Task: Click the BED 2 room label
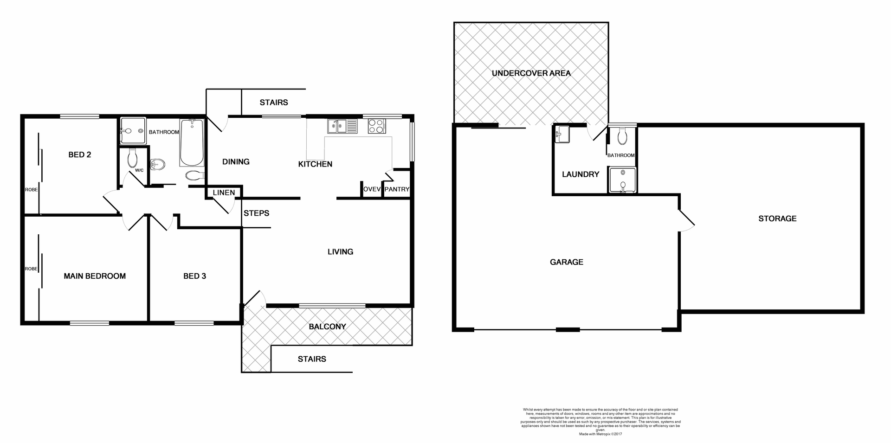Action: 79,154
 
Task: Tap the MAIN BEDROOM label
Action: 95,276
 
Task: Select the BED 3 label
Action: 194,276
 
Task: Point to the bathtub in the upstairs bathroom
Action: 192,143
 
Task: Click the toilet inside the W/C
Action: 132,158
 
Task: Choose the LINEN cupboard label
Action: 224,193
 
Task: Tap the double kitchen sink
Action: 342,126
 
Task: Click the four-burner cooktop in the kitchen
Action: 376,126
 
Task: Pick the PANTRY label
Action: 397,189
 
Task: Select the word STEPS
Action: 256,213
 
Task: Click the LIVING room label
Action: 340,251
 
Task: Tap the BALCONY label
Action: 327,327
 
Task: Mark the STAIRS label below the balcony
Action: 312,359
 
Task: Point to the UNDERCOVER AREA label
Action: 531,73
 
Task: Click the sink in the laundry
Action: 562,135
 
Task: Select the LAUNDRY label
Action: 581,174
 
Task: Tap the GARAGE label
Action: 566,262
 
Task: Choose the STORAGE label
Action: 777,218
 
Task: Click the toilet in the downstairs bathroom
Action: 623,136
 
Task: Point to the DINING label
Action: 236,161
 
